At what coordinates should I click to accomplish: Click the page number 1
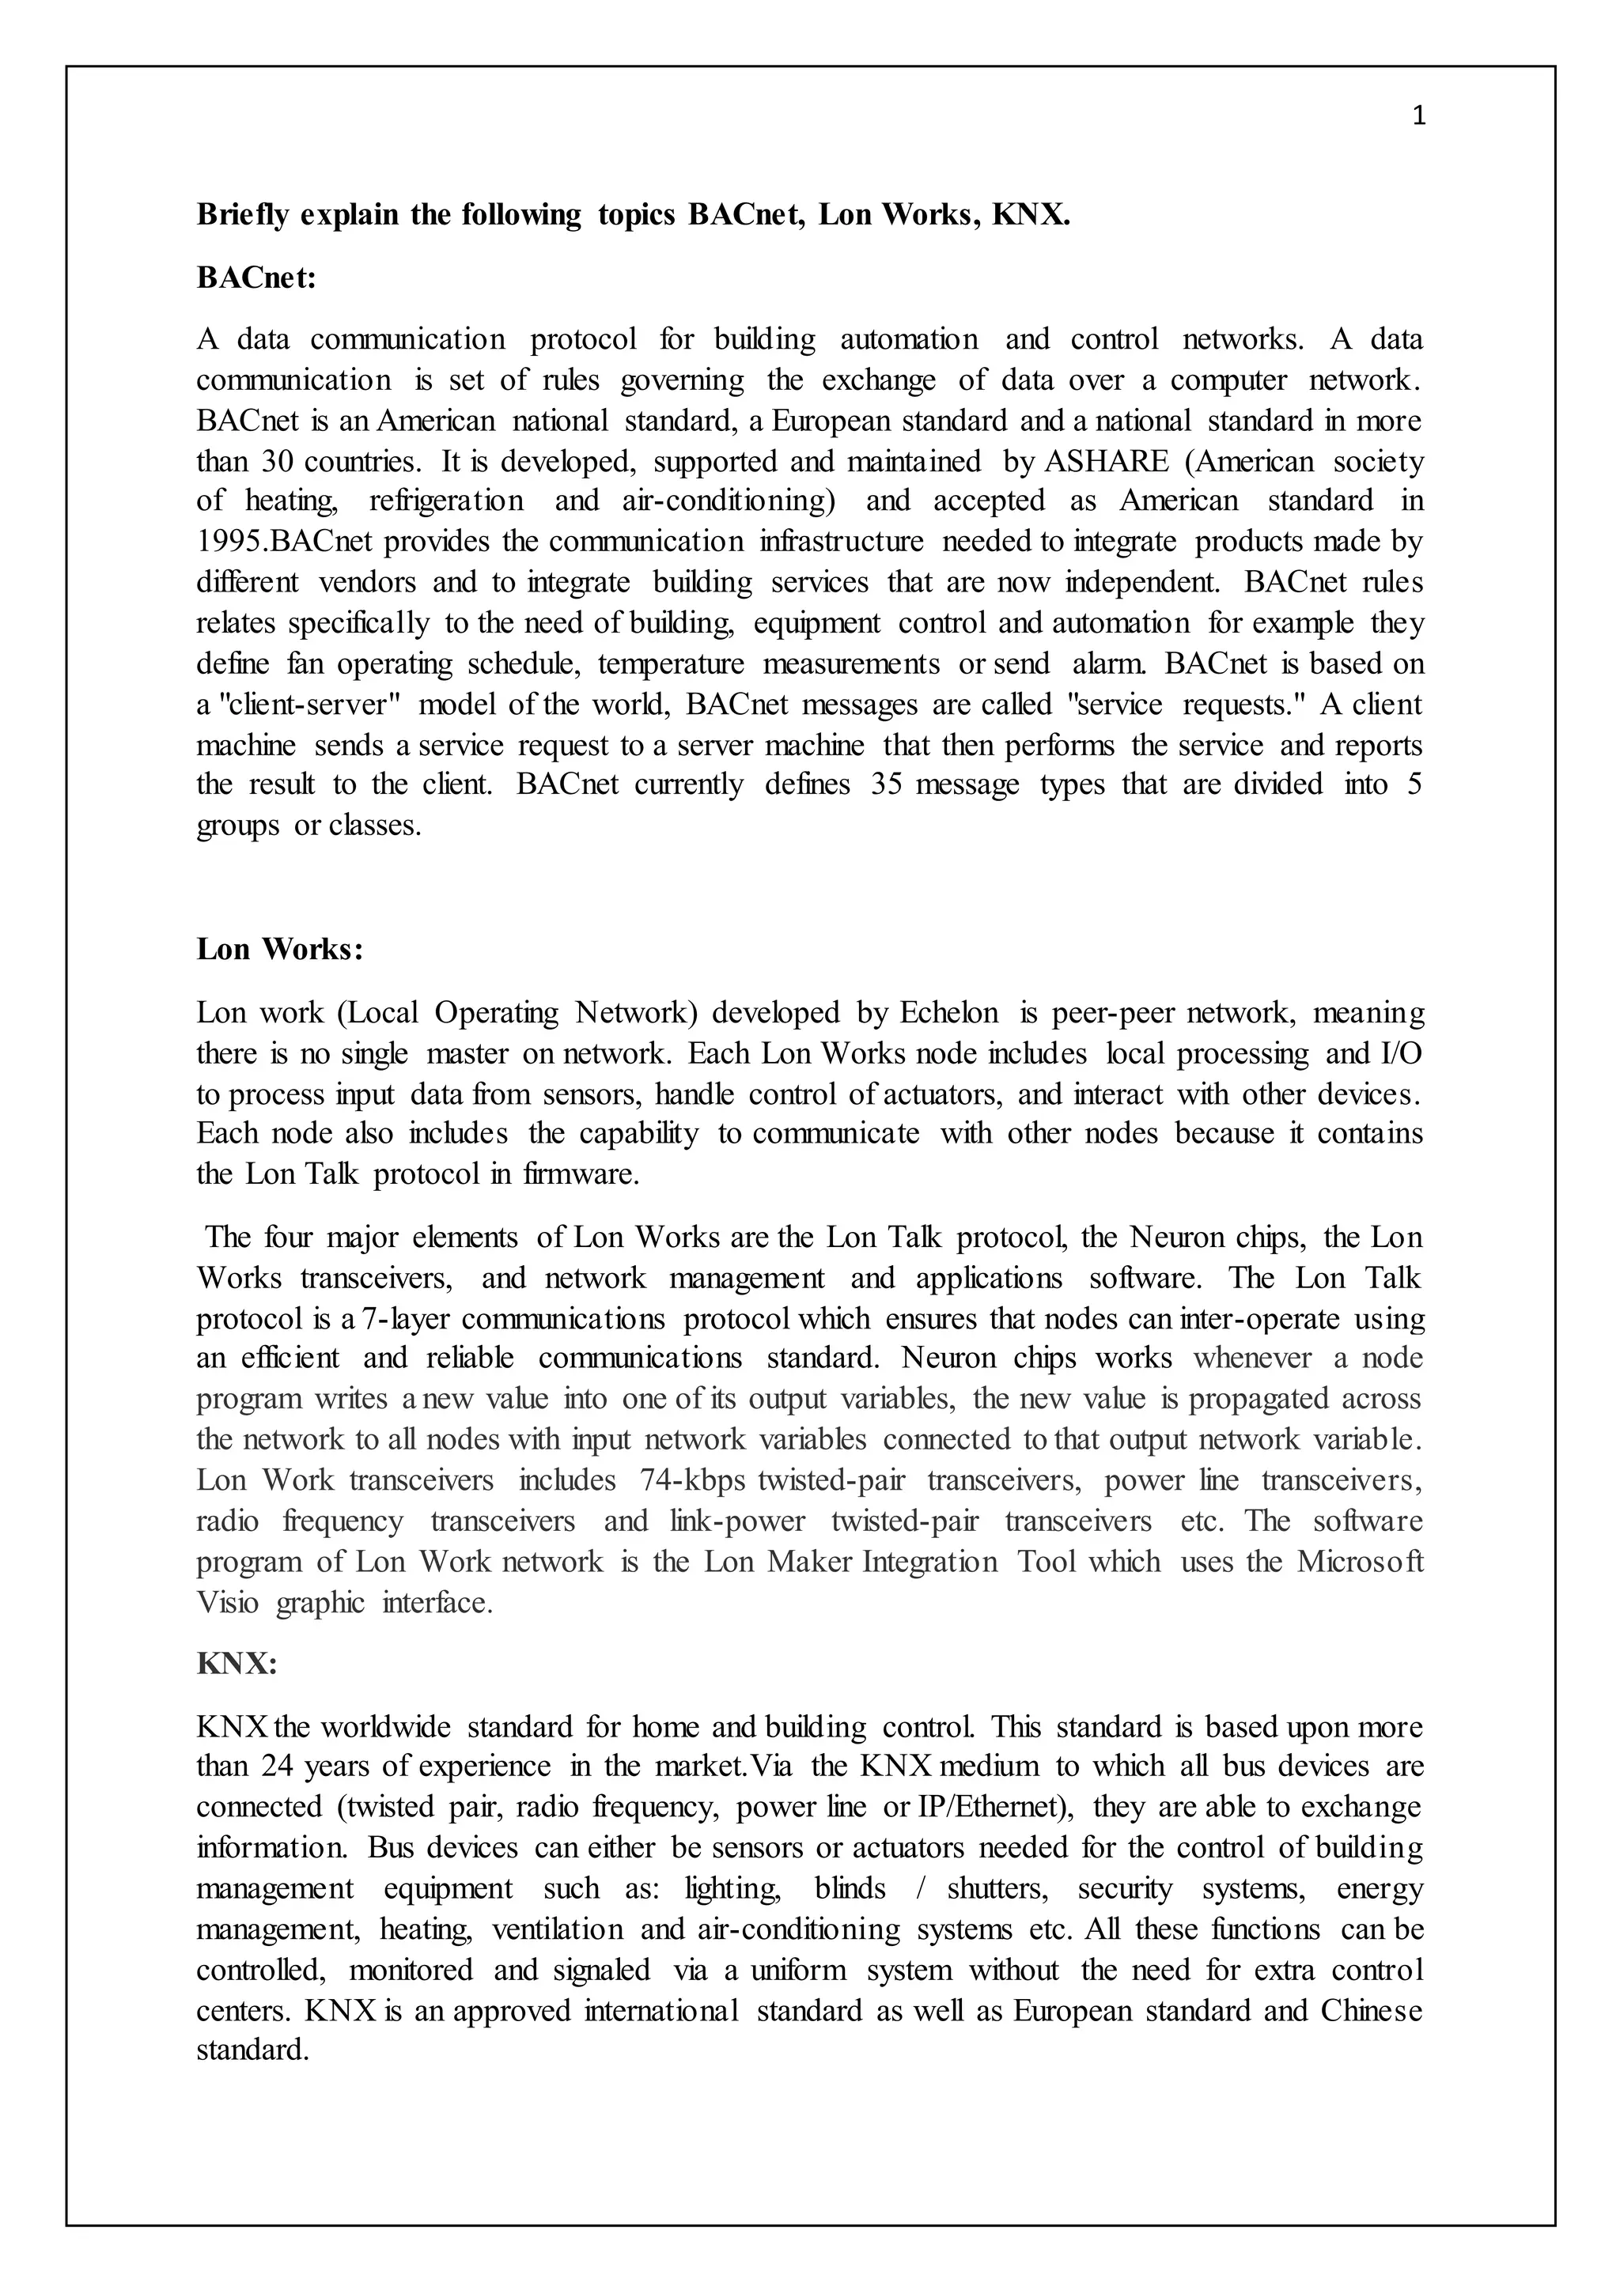pyautogui.click(x=1420, y=118)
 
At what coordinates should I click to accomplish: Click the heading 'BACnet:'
pyautogui.click(x=255, y=278)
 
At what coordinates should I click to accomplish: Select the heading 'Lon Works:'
pyautogui.click(x=279, y=949)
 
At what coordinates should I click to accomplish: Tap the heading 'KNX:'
pyautogui.click(x=236, y=1664)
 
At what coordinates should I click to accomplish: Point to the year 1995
pyautogui.click(x=232, y=542)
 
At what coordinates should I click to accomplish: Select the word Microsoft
pyautogui.click(x=1360, y=1562)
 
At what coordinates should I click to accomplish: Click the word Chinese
pyautogui.click(x=1372, y=2011)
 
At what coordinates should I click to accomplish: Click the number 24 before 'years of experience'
pyautogui.click(x=278, y=1767)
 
